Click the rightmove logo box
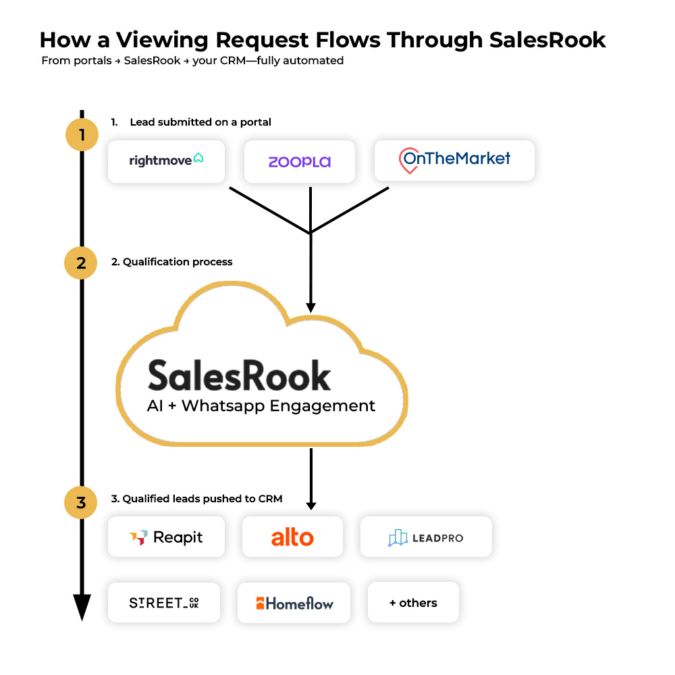[166, 161]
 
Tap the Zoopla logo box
[300, 161]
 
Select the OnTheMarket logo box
[454, 161]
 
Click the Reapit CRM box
[166, 537]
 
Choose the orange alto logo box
[292, 537]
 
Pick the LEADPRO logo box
[426, 537]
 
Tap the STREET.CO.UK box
[164, 602]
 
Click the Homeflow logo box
[294, 603]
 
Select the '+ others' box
[413, 602]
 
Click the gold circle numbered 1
[82, 135]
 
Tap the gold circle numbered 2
[82, 263]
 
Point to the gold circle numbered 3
[82, 503]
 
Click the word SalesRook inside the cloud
[240, 375]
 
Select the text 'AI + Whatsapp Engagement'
[261, 406]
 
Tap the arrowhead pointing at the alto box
[310, 504]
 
